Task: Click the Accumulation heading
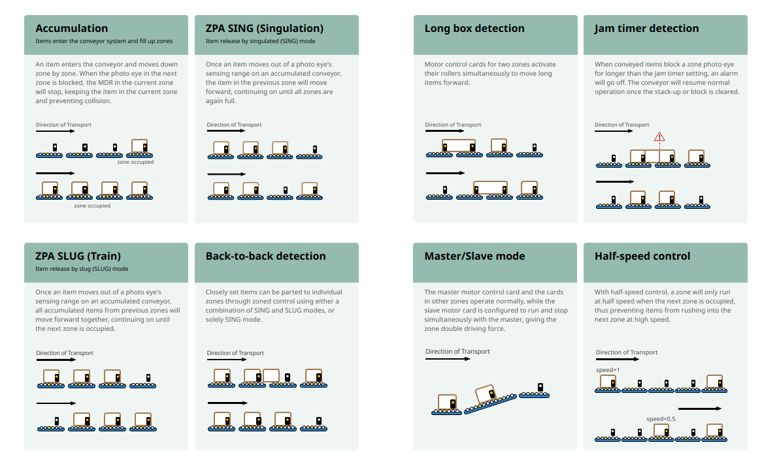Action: pyautogui.click(x=71, y=28)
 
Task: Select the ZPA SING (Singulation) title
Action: pyautogui.click(x=265, y=29)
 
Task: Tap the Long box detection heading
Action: pyautogui.click(x=474, y=28)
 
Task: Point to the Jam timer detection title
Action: pyautogui.click(x=646, y=28)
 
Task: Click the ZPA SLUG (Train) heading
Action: pyautogui.click(x=78, y=256)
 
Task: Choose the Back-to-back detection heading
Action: pyautogui.click(x=265, y=256)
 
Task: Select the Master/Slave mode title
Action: pyautogui.click(x=474, y=256)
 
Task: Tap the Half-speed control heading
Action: pyautogui.click(x=642, y=256)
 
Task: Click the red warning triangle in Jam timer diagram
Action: pyautogui.click(x=659, y=137)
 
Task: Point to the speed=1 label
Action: pyautogui.click(x=608, y=370)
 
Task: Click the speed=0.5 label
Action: pyautogui.click(x=661, y=419)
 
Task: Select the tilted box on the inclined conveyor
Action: pyautogui.click(x=486, y=394)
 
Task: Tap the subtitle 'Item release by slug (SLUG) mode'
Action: pyautogui.click(x=82, y=269)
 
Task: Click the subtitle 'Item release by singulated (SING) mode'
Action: pyautogui.click(x=260, y=41)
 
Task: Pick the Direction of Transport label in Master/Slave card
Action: pyautogui.click(x=457, y=351)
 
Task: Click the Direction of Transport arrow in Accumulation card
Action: pyautogui.click(x=55, y=131)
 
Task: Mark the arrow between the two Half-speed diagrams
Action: pyautogui.click(x=699, y=409)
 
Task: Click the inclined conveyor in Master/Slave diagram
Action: pyautogui.click(x=490, y=404)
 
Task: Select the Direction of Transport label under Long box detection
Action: pyautogui.click(x=453, y=125)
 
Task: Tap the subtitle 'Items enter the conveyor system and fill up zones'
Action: pyautogui.click(x=104, y=41)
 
